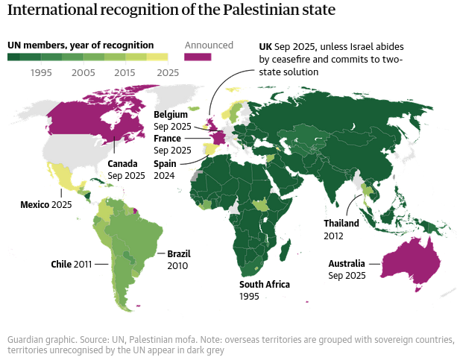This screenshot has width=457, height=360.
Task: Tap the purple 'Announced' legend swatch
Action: [x=198, y=57]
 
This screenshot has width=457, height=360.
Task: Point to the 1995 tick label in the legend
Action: [x=41, y=72]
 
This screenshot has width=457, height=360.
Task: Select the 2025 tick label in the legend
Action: [x=168, y=72]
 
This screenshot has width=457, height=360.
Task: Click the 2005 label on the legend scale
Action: [x=83, y=72]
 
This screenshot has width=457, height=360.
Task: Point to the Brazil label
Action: [x=179, y=254]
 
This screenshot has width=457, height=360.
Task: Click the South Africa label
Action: [x=264, y=285]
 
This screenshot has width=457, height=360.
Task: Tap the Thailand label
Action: [x=341, y=224]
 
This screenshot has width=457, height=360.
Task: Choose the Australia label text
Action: [x=347, y=264]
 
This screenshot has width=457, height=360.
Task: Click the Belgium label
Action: [x=171, y=115]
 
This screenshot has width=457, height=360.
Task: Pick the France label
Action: [x=167, y=139]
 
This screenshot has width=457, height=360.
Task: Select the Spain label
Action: [x=165, y=164]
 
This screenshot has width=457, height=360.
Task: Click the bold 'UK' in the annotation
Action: [x=265, y=45]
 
